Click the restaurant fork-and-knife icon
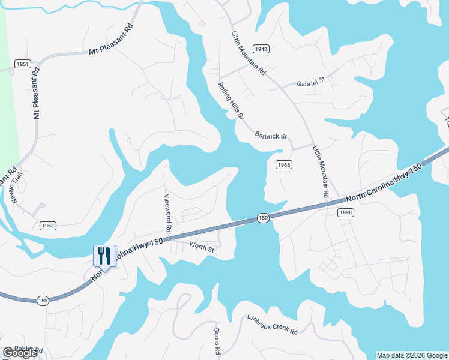[x=104, y=256]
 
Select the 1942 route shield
[x=261, y=49]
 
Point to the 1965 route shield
[x=284, y=164]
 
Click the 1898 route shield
[x=346, y=212]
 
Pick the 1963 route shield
[x=49, y=226]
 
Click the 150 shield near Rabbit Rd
[x=42, y=301]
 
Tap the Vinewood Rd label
[x=168, y=212]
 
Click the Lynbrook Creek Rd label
[x=273, y=324]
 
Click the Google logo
[x=20, y=353]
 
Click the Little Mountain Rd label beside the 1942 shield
[x=247, y=53]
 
